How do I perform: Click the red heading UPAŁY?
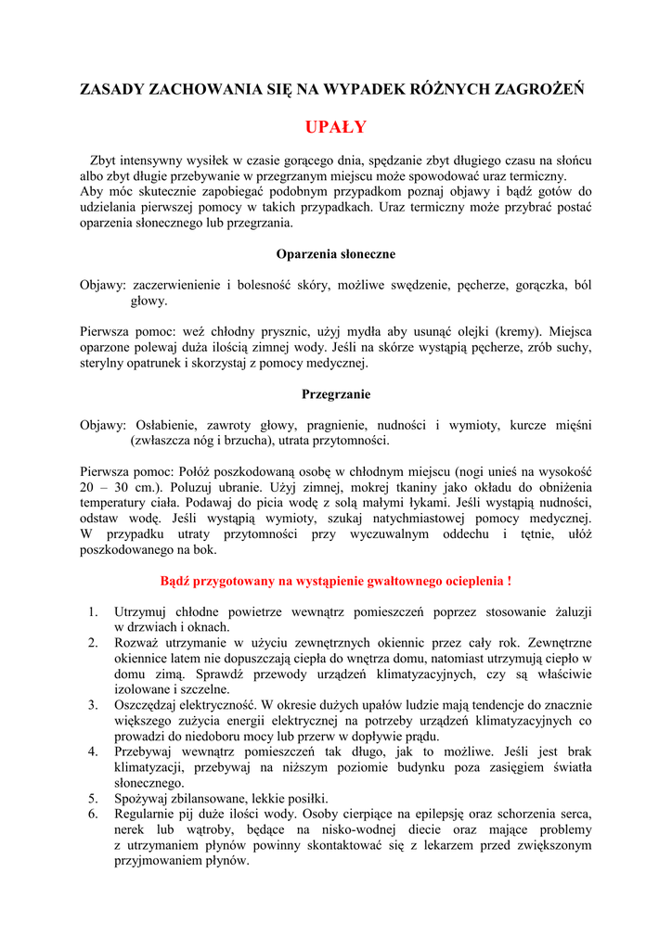336,127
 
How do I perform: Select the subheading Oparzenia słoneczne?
336,253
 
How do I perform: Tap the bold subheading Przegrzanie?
336,393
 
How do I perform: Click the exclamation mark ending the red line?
509,582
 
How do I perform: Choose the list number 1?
93,612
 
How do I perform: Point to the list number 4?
93,751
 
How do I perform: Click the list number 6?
93,814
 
